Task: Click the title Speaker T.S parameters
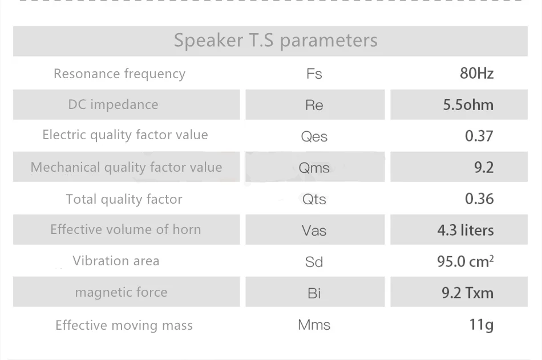pos(276,41)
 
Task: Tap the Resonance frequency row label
pos(120,74)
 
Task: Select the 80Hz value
pos(476,74)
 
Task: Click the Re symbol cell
pos(315,105)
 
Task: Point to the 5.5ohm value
pos(468,105)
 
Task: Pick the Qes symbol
pos(314,136)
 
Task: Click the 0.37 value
pos(479,136)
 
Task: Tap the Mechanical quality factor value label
pos(126,167)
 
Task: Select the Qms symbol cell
pos(315,167)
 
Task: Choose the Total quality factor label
pos(124,199)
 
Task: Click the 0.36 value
pos(479,199)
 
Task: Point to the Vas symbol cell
pos(315,229)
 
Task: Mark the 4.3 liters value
pos(465,230)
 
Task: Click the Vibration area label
pos(116,261)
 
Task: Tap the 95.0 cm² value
pos(465,261)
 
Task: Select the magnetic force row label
pos(122,293)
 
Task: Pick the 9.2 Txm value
pos(467,293)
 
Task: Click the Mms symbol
pos(314,325)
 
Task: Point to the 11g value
pos(481,325)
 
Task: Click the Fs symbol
pos(314,74)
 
